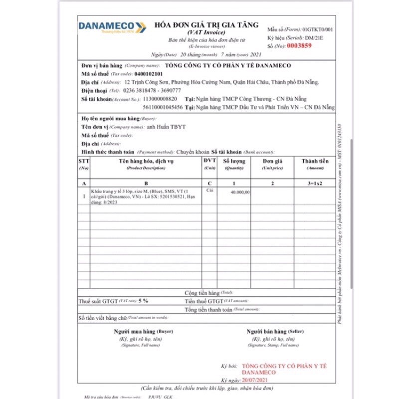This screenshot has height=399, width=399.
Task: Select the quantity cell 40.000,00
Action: tap(241, 192)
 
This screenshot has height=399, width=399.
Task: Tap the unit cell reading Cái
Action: tap(209, 191)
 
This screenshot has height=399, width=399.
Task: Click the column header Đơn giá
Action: tap(273, 161)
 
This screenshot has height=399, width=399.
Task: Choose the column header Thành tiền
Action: tap(315, 161)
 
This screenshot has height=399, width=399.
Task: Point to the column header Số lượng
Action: tap(233, 161)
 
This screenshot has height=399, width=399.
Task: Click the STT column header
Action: tap(84, 161)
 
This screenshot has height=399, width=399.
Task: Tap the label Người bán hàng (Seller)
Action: tap(275, 332)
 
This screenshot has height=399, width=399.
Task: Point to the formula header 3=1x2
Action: tap(315, 183)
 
